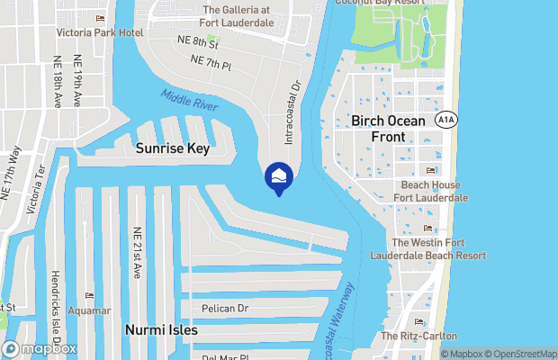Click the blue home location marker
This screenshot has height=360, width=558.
coord(278,175)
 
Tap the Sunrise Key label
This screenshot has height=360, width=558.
coord(173,149)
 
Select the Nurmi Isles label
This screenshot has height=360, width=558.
coord(161,330)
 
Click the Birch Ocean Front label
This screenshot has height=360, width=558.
coord(391,129)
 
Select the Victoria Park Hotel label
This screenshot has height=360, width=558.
coord(101,32)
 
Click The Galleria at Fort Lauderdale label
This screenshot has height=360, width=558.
coord(249,15)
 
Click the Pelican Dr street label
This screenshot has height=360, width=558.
coord(223,309)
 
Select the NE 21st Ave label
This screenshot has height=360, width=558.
coord(137,252)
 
